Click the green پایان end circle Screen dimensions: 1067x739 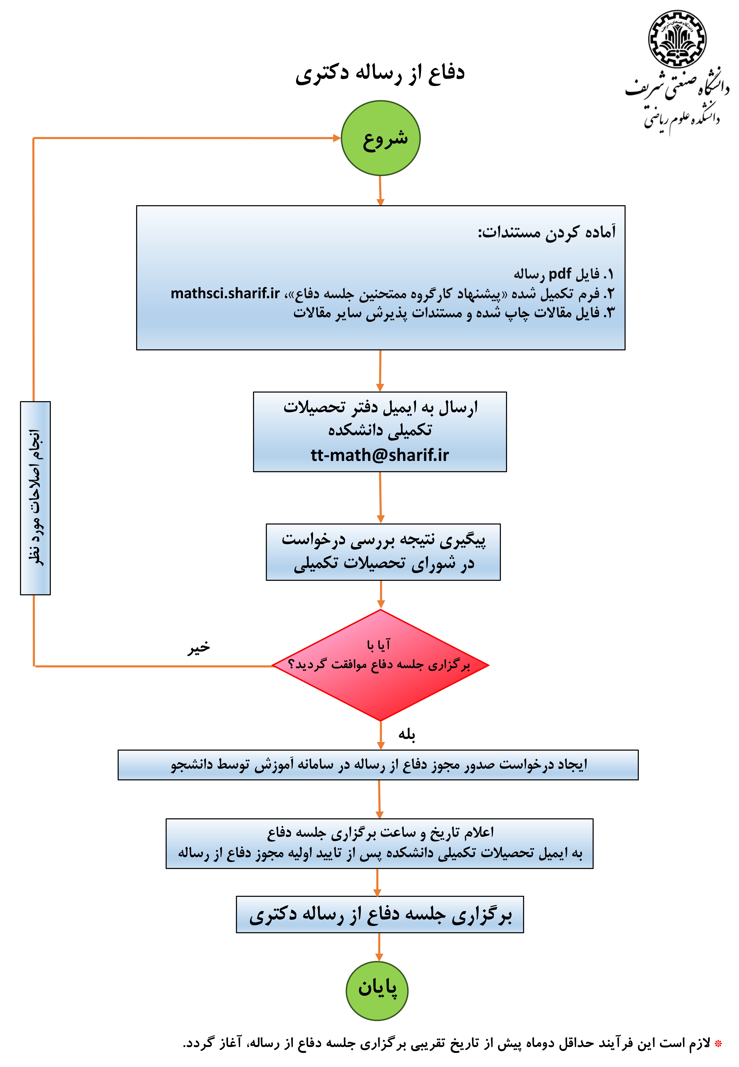click(x=377, y=990)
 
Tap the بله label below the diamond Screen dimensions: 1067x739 click(x=407, y=734)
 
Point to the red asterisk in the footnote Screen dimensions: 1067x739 click(x=718, y=1043)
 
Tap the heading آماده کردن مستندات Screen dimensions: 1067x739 click(x=546, y=232)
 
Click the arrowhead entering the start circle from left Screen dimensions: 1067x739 click(x=337, y=138)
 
